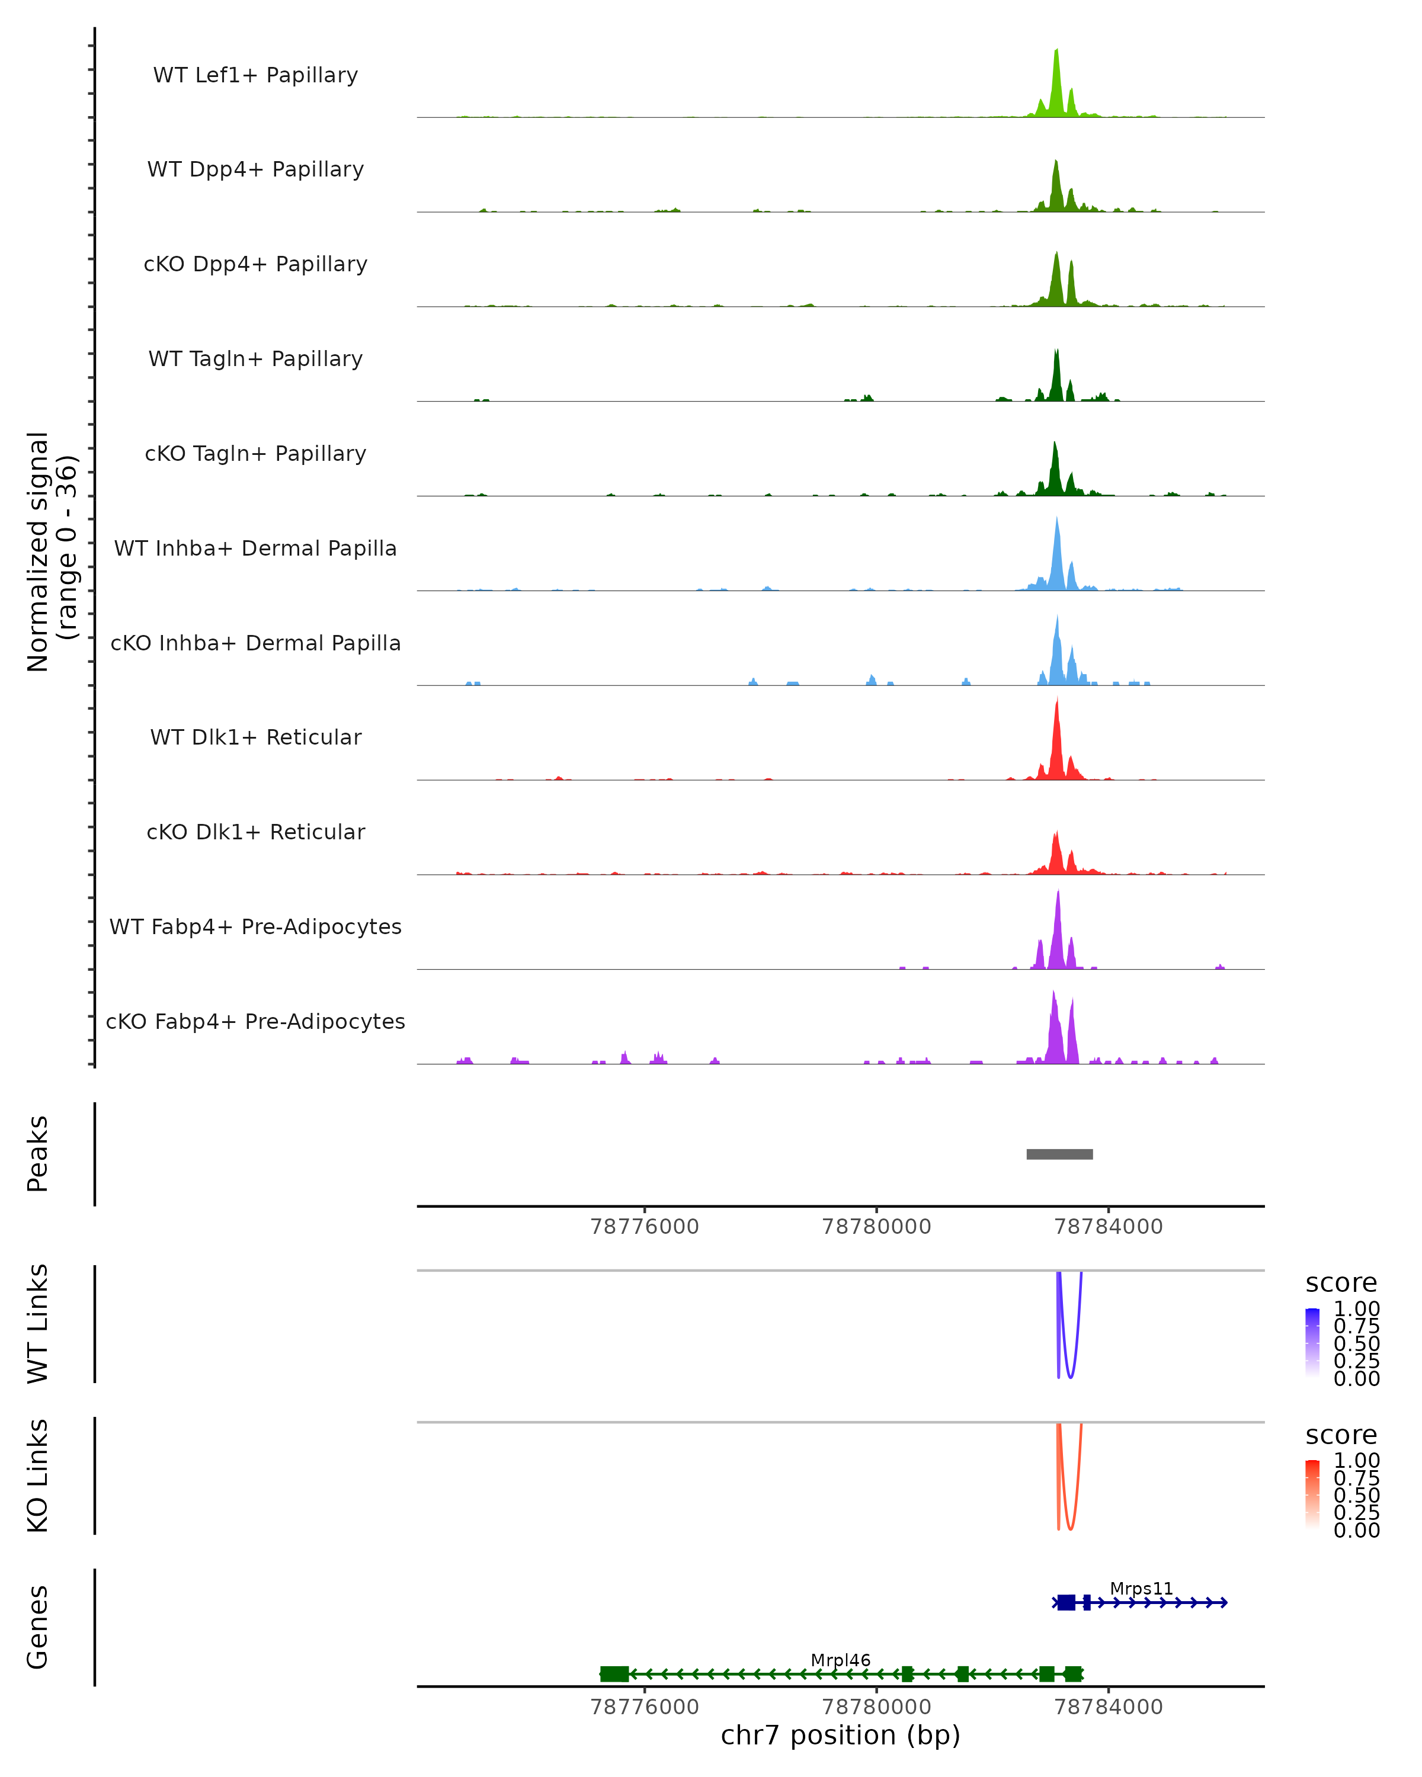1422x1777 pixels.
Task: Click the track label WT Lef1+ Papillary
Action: [255, 75]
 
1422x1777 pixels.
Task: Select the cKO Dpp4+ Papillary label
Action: [255, 265]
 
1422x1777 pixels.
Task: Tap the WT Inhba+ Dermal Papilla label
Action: [255, 549]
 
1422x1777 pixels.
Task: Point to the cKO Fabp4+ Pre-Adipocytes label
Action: [255, 1022]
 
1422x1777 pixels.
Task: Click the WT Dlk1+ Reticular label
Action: [255, 737]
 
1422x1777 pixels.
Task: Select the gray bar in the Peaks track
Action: [1059, 1154]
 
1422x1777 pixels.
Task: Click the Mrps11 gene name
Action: [1141, 1589]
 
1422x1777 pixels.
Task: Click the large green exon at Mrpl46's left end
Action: [614, 1674]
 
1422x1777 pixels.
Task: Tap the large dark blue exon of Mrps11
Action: [1066, 1602]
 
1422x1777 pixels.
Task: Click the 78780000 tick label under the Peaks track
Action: [876, 1227]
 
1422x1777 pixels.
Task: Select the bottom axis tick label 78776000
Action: [645, 1707]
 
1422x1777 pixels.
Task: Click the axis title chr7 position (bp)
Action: [840, 1736]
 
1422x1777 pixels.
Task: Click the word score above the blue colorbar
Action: [1341, 1284]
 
